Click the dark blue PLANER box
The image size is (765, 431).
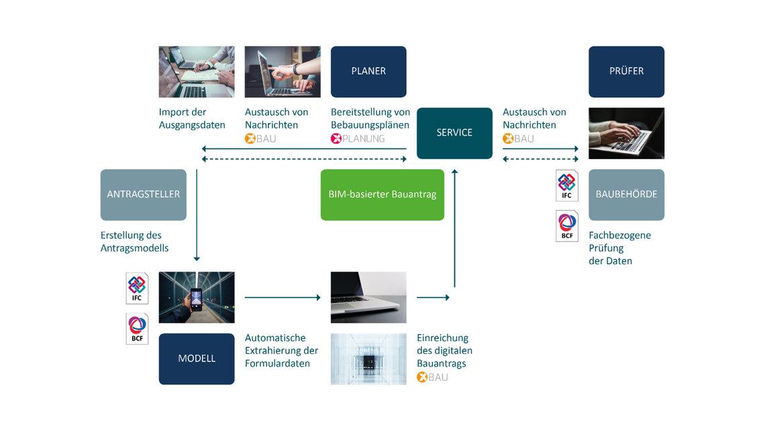[368, 72]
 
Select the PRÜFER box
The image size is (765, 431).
[627, 72]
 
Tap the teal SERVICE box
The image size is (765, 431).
[454, 133]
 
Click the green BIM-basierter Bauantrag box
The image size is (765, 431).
[382, 195]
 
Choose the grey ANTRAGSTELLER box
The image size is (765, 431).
[144, 195]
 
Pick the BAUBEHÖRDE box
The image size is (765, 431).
[627, 195]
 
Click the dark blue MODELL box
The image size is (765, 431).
[197, 358]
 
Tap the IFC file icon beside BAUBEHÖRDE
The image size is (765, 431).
[567, 185]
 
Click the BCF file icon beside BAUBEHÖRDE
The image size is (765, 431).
[567, 226]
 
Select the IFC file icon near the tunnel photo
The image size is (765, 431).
[137, 288]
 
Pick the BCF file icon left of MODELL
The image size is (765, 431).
[137, 328]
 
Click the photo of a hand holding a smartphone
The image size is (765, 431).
[197, 297]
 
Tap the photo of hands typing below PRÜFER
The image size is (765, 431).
[627, 133]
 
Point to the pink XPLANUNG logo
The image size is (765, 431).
[358, 138]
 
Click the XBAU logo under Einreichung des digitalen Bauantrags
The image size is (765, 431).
[432, 377]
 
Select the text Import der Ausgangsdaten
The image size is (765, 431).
[192, 119]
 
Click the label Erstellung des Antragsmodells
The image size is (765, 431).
[135, 242]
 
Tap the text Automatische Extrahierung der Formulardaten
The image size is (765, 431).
[282, 350]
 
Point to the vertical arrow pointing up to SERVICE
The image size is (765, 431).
[455, 228]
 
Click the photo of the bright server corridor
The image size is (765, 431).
[368, 358]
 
